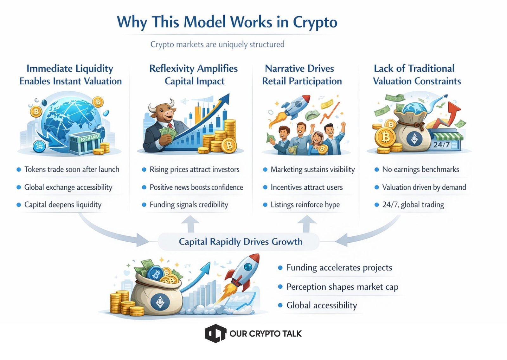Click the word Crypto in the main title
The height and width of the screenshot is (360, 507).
click(x=315, y=22)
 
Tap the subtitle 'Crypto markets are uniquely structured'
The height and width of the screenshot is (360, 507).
click(x=217, y=44)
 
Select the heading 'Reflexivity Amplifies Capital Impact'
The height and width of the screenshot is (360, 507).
click(x=194, y=75)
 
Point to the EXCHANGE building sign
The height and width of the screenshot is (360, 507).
click(x=90, y=138)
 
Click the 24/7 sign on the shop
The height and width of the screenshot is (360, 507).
click(x=441, y=145)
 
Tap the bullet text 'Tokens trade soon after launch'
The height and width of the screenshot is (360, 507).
click(x=72, y=169)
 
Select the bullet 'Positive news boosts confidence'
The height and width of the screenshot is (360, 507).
click(x=196, y=187)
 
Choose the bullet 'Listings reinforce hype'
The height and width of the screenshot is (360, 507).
click(x=305, y=205)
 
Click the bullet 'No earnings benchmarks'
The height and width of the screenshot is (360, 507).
click(x=420, y=169)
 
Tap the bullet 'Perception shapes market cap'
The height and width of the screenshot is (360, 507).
click(x=342, y=287)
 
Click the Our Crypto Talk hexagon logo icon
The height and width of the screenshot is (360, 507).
click(x=215, y=333)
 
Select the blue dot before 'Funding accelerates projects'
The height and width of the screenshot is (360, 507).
click(x=280, y=268)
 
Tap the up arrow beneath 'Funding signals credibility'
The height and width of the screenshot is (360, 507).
click(x=190, y=224)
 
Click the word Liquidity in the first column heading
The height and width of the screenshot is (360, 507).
click(x=94, y=69)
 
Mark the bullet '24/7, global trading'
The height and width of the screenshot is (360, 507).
click(x=413, y=205)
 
